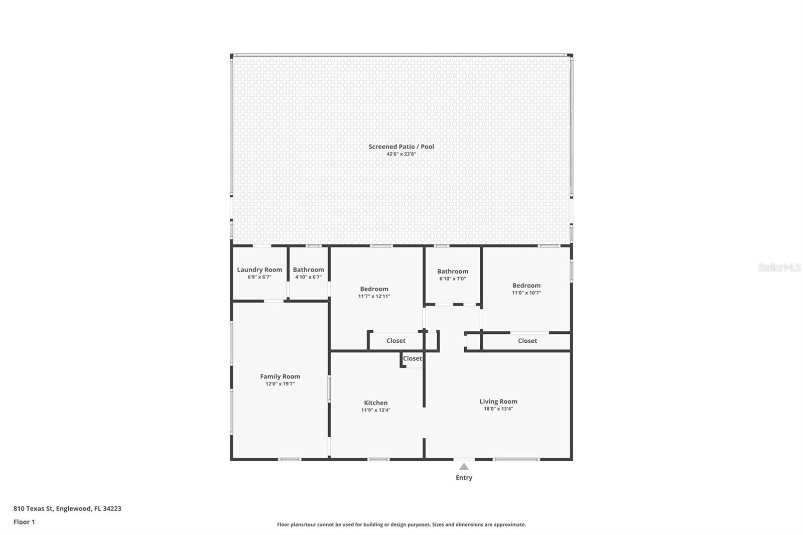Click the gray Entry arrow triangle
464,467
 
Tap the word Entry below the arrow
464,478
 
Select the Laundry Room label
259,270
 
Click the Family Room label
280,376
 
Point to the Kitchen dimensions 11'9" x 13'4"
376,410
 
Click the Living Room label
498,402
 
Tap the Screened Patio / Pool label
401,147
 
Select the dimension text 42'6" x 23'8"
401,154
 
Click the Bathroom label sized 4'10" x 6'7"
308,270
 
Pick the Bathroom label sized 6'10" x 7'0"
452,272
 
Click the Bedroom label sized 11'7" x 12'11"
374,289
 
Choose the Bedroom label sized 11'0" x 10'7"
526,286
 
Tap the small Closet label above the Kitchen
412,358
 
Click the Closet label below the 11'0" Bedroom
527,341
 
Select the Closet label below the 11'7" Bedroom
396,341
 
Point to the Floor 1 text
25,522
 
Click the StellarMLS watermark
779,267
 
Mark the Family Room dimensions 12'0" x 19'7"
280,384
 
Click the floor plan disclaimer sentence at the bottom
401,524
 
